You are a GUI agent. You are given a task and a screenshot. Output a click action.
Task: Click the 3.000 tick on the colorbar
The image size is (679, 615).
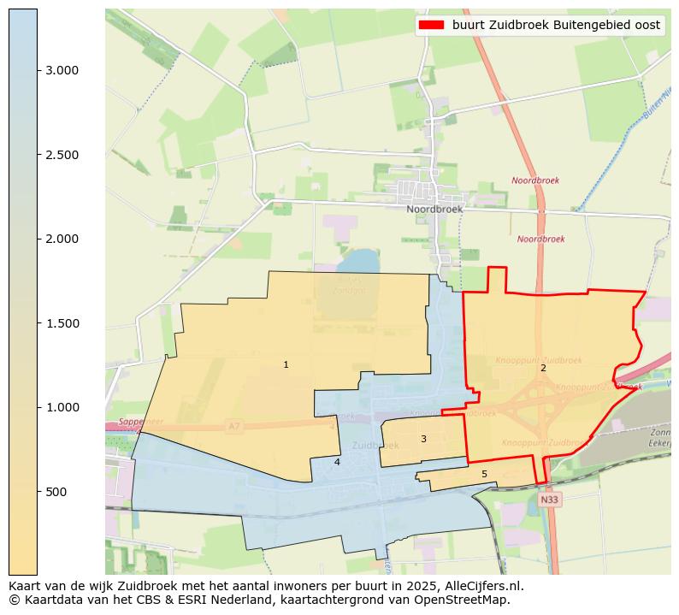[x=62, y=70]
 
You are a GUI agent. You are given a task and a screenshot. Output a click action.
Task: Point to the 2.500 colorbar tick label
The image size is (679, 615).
[x=62, y=155]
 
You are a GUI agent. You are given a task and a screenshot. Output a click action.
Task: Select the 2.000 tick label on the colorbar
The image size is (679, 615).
[x=62, y=239]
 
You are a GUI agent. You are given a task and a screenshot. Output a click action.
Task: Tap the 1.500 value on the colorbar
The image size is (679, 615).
[x=62, y=323]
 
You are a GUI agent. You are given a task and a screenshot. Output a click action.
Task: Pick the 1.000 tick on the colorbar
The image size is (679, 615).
[x=62, y=407]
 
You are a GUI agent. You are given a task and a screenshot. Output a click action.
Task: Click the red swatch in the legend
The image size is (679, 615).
[x=432, y=26]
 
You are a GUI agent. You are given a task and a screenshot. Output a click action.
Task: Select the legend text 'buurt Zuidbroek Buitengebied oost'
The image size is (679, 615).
[x=556, y=26]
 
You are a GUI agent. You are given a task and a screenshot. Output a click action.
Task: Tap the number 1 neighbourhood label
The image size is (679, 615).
[x=286, y=365]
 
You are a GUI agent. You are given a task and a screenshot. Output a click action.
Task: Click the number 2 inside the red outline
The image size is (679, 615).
[x=543, y=368]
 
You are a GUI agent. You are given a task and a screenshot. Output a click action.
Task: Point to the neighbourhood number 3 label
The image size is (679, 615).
[x=423, y=439]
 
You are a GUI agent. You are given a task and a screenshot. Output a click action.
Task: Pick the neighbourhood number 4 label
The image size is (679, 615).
[x=337, y=462]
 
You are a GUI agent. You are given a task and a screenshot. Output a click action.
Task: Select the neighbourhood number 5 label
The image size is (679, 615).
[x=484, y=474]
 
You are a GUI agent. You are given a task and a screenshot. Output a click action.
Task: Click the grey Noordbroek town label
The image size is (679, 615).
[x=434, y=209]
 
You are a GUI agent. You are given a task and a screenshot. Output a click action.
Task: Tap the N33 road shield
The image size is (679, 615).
[x=551, y=499]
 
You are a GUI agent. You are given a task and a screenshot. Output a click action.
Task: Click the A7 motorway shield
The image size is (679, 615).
[x=234, y=425]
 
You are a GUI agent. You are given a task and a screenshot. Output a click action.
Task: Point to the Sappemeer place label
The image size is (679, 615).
[x=140, y=422]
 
